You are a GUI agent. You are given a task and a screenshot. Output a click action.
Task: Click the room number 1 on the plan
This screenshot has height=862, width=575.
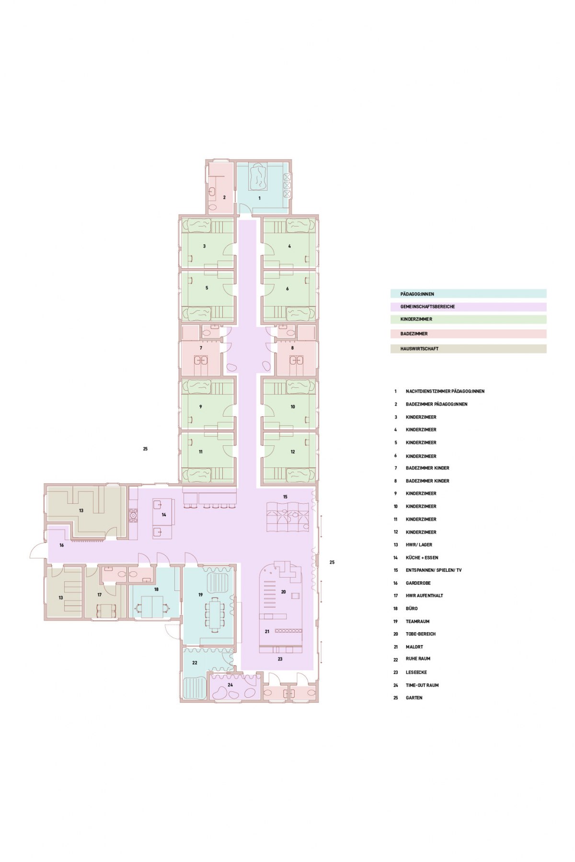point(260,198)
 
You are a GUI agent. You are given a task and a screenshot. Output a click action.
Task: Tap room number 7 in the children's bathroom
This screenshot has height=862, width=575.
point(201,348)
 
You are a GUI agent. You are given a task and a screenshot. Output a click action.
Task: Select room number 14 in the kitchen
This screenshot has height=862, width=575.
point(164,515)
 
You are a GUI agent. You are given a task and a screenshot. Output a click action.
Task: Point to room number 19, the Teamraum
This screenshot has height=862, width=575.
point(201,595)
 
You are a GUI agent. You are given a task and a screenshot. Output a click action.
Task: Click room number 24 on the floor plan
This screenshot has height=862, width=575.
point(230,685)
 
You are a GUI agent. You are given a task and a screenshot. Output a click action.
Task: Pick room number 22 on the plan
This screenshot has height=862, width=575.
point(195,663)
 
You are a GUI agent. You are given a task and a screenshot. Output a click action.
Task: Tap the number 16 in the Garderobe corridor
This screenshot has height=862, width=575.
point(61,545)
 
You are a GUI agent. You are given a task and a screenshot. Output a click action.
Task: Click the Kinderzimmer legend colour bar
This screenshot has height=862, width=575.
point(468,319)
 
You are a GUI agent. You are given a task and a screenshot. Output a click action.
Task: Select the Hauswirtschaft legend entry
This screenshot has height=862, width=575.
point(468,349)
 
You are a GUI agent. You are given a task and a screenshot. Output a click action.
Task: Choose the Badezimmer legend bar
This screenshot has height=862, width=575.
point(468,334)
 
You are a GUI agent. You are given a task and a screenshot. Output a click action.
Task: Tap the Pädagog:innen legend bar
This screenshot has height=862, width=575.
point(468,294)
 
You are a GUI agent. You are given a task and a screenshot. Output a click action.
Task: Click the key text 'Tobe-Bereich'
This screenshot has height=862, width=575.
point(421,634)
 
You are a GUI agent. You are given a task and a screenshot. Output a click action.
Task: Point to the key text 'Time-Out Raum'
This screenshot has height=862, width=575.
point(422,685)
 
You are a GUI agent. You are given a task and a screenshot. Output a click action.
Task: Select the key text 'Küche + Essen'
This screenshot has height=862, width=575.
point(422,557)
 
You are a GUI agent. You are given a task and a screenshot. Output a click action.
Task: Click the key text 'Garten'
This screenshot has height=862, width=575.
point(414,698)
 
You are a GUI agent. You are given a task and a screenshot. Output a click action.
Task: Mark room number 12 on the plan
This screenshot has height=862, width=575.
point(292,452)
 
